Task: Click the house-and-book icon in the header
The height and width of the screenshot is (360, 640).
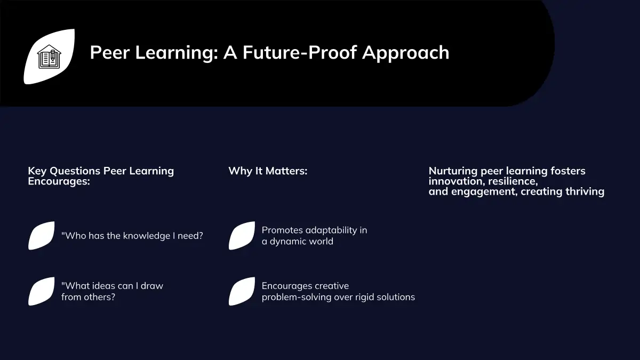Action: pos(49,57)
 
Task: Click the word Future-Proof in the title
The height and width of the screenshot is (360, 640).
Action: pos(299,53)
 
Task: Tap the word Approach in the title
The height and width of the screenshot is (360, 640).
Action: pos(405,53)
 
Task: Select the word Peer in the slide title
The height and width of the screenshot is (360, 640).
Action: pos(110,53)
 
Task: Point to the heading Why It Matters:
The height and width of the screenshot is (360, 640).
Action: pos(268,171)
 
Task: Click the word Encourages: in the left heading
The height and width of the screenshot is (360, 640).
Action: pos(59,181)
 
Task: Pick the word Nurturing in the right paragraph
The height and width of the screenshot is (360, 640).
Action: pos(453,171)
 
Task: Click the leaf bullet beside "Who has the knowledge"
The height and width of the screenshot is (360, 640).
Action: pos(42,236)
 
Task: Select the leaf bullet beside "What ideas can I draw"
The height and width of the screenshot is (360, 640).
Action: pos(42,291)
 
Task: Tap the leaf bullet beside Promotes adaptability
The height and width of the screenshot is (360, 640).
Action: pos(242,236)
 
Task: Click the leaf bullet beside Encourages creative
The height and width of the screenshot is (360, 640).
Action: pos(242,291)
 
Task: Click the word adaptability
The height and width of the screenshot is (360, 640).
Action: pos(329,230)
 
